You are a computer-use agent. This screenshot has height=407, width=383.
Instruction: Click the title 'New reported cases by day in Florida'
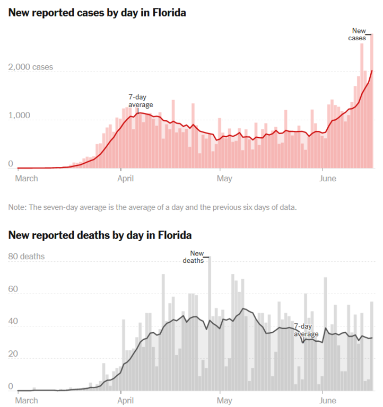(x=97, y=12)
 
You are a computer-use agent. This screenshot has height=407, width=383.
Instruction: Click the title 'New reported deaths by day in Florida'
(x=100, y=235)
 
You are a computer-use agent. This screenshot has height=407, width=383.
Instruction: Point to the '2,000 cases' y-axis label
(x=31, y=67)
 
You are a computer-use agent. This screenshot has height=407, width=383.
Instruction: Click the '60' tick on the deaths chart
(x=13, y=290)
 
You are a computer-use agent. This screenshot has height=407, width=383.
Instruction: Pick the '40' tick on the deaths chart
(x=13, y=322)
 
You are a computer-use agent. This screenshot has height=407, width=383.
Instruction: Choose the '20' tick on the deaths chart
(x=13, y=355)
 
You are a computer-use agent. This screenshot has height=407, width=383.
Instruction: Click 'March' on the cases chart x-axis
(x=27, y=179)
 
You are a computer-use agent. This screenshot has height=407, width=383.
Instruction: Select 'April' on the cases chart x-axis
(x=125, y=179)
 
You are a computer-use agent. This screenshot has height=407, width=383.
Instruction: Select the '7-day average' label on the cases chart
(x=141, y=101)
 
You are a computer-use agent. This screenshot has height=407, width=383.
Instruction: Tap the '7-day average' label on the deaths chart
(x=306, y=330)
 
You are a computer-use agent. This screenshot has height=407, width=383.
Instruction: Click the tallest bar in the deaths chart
(x=210, y=323)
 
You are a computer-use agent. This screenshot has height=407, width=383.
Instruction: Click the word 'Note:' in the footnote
(x=18, y=207)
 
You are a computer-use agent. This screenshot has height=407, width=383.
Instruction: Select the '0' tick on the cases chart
(x=11, y=164)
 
